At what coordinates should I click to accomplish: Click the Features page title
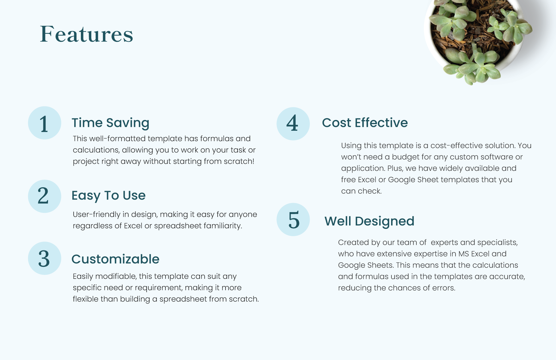coord(87,34)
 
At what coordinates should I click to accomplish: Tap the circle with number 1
coord(45,123)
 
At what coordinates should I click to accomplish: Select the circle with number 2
coord(45,196)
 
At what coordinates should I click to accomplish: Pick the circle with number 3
coord(45,258)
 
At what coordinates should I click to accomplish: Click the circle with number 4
coord(293,123)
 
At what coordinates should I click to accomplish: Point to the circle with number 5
coord(293,219)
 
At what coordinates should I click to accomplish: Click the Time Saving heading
coord(110,123)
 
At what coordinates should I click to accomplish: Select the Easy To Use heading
coord(108,195)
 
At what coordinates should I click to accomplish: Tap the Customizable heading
coord(115,259)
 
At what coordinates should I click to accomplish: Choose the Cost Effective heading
coord(365,123)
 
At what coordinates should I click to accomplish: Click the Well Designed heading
coord(369,221)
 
